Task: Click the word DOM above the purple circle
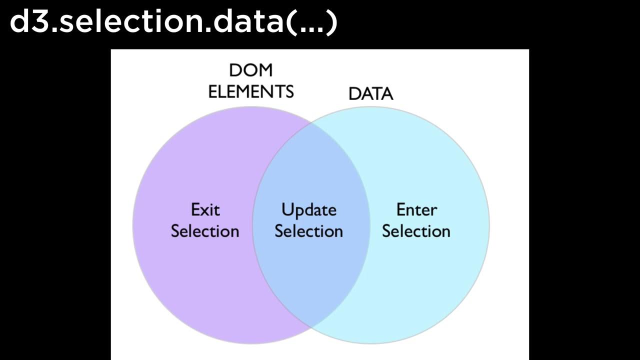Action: [x=251, y=70]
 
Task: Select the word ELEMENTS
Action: [x=250, y=92]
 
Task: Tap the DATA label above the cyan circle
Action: [x=370, y=94]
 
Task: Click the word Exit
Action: [x=205, y=209]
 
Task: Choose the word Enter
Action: [x=416, y=209]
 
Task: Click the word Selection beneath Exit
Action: [x=205, y=231]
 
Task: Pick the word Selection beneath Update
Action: [x=308, y=231]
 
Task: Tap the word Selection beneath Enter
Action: [x=416, y=231]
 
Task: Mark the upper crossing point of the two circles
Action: [x=310, y=121]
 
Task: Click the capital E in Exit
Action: [x=195, y=209]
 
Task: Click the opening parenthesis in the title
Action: [x=291, y=23]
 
